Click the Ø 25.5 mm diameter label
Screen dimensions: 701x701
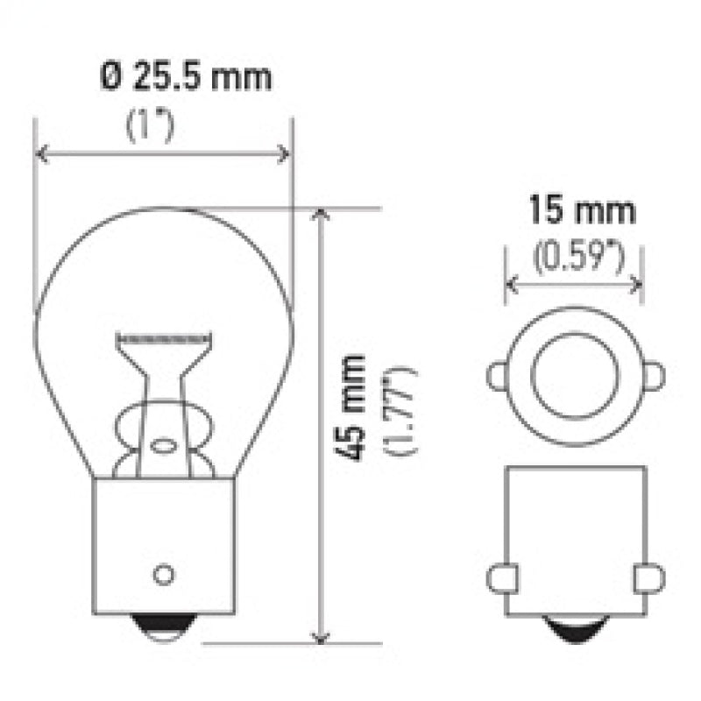coord(184,77)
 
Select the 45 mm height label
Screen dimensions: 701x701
coord(354,407)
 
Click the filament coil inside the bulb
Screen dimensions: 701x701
coord(166,337)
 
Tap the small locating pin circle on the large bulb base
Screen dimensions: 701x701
coord(162,575)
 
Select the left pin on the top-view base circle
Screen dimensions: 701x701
coord(497,377)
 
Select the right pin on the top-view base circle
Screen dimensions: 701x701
coord(654,377)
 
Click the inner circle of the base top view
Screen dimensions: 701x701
coord(575,376)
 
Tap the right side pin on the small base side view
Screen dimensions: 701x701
coord(649,578)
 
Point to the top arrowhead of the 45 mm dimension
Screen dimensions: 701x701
coord(323,216)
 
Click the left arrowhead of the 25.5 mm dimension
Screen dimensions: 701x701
coord(40,155)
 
